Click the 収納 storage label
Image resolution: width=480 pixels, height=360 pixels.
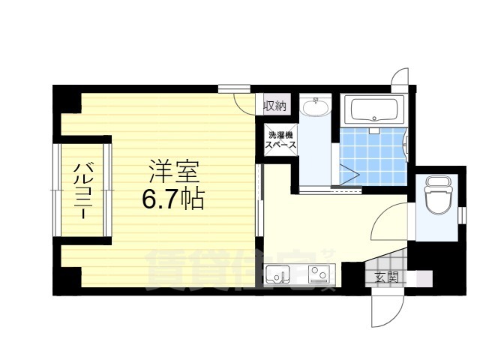[275, 106]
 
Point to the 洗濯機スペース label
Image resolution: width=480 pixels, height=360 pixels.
[279, 140]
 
